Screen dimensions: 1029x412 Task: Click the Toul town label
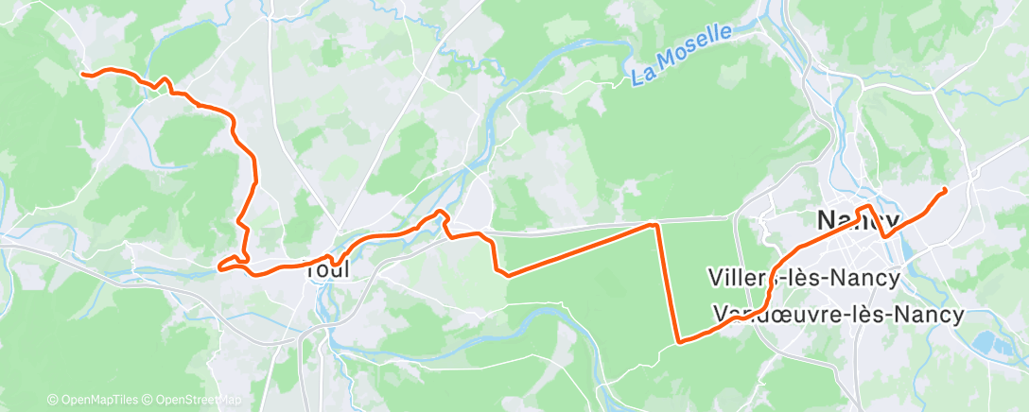(327, 269)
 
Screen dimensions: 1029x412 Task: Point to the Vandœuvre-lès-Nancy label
(837, 313)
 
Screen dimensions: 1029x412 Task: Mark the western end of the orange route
(83, 73)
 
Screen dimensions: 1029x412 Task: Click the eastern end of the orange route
(945, 191)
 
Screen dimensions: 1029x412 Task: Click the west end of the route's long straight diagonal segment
(509, 275)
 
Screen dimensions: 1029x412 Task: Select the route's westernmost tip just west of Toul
(219, 267)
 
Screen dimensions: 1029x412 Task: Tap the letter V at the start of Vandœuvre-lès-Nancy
(720, 313)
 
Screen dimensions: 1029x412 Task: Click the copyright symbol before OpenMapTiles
(52, 400)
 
